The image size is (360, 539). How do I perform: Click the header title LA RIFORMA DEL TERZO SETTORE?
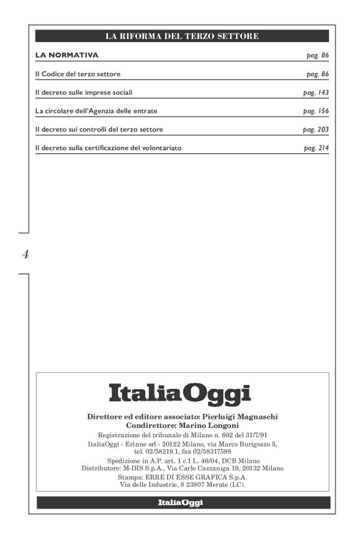(182, 37)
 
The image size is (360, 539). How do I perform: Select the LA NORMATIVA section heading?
(67, 55)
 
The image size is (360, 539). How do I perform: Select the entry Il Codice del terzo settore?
(78, 74)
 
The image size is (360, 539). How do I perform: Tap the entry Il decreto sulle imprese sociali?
(84, 92)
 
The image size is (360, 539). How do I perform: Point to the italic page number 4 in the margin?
(25, 254)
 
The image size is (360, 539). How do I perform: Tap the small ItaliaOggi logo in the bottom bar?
(180, 502)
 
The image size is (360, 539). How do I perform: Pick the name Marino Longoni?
(205, 426)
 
